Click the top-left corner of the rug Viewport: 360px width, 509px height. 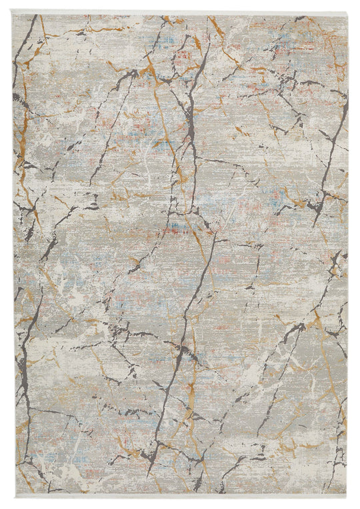pyautogui.click(x=13, y=14)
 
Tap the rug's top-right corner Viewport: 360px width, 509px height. pyautogui.click(x=347, y=14)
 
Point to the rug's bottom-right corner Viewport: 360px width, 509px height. pyautogui.click(x=347, y=494)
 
